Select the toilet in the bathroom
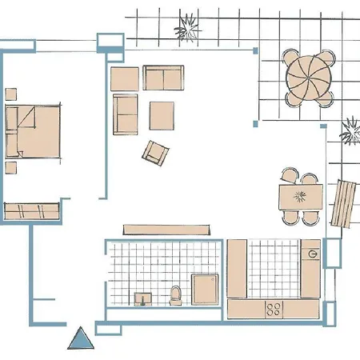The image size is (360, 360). (x=176, y=296)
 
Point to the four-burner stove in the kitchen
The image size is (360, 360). (x=273, y=307)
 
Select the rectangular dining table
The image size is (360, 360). (x=300, y=197)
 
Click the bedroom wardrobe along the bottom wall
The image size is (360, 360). (x=31, y=211)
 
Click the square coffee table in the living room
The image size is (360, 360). (x=162, y=114)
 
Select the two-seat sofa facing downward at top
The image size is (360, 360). (x=163, y=78)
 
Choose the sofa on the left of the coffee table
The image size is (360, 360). (x=126, y=114)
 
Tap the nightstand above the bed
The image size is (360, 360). (x=11, y=94)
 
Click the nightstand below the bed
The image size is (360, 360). (x=11, y=169)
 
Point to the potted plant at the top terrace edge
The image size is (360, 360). (x=189, y=27)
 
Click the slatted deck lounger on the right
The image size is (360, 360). (x=344, y=203)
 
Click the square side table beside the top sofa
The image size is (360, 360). (x=125, y=78)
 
